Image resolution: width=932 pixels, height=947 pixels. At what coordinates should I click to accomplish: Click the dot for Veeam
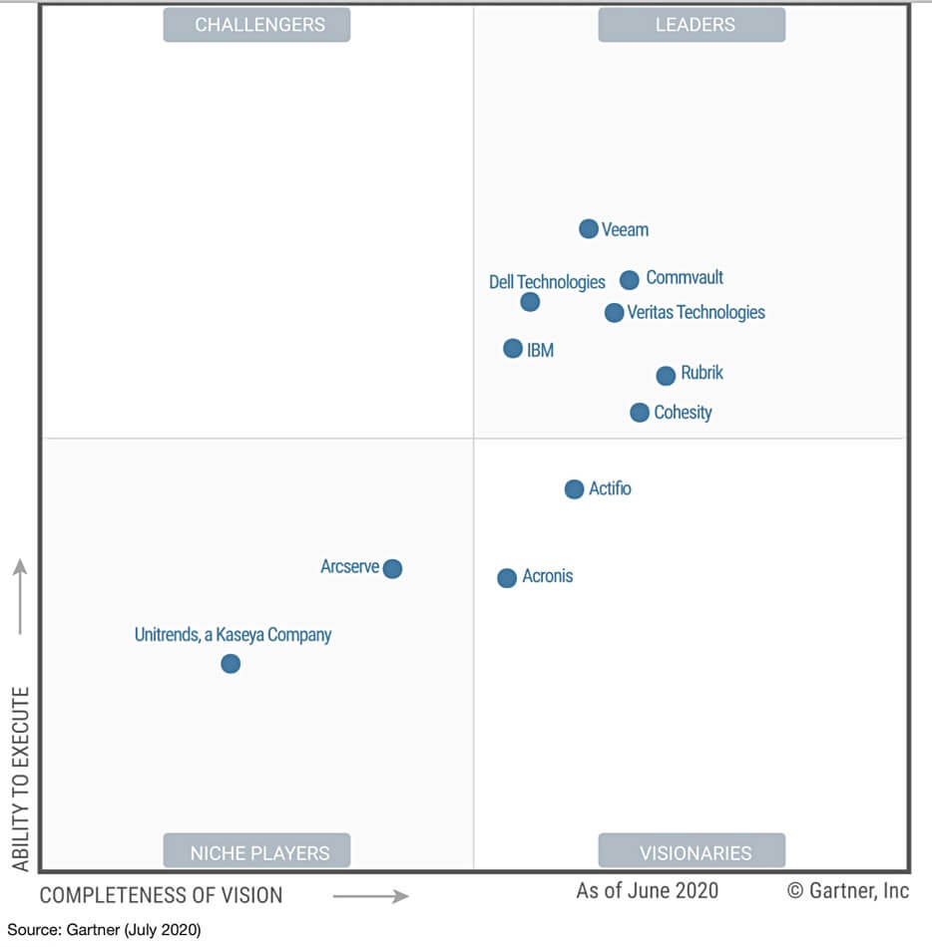[589, 229]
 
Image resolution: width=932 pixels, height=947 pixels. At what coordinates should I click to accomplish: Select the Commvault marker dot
[629, 280]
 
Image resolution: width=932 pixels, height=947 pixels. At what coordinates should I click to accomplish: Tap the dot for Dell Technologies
[530, 302]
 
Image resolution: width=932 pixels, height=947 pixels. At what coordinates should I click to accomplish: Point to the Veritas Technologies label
[696, 312]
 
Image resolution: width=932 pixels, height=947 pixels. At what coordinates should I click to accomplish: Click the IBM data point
[513, 349]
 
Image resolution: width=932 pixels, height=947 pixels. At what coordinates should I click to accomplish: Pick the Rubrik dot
[666, 376]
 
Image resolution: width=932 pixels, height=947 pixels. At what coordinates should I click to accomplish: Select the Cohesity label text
[683, 412]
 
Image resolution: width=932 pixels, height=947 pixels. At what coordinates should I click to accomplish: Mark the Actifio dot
[574, 489]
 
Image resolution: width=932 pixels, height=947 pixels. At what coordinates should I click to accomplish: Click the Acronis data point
[507, 578]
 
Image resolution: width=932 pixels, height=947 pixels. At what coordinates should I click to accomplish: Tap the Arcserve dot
[392, 569]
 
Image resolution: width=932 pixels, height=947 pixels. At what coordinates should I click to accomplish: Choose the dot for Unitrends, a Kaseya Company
[231, 664]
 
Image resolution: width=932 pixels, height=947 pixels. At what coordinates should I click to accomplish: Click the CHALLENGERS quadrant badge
[257, 25]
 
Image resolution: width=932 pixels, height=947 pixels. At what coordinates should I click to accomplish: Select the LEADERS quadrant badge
[692, 25]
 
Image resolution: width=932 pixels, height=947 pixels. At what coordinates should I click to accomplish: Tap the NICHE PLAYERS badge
[257, 852]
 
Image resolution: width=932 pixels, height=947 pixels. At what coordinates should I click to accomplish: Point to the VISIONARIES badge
[692, 852]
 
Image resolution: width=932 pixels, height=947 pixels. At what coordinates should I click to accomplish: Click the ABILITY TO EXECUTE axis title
[20, 778]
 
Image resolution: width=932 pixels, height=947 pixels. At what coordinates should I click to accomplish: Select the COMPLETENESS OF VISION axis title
[161, 895]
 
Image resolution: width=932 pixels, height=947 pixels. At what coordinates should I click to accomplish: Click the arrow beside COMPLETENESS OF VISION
[370, 896]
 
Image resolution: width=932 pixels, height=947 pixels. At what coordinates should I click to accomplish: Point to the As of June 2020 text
[647, 890]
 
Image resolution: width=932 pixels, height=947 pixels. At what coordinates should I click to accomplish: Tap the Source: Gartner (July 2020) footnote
[104, 930]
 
